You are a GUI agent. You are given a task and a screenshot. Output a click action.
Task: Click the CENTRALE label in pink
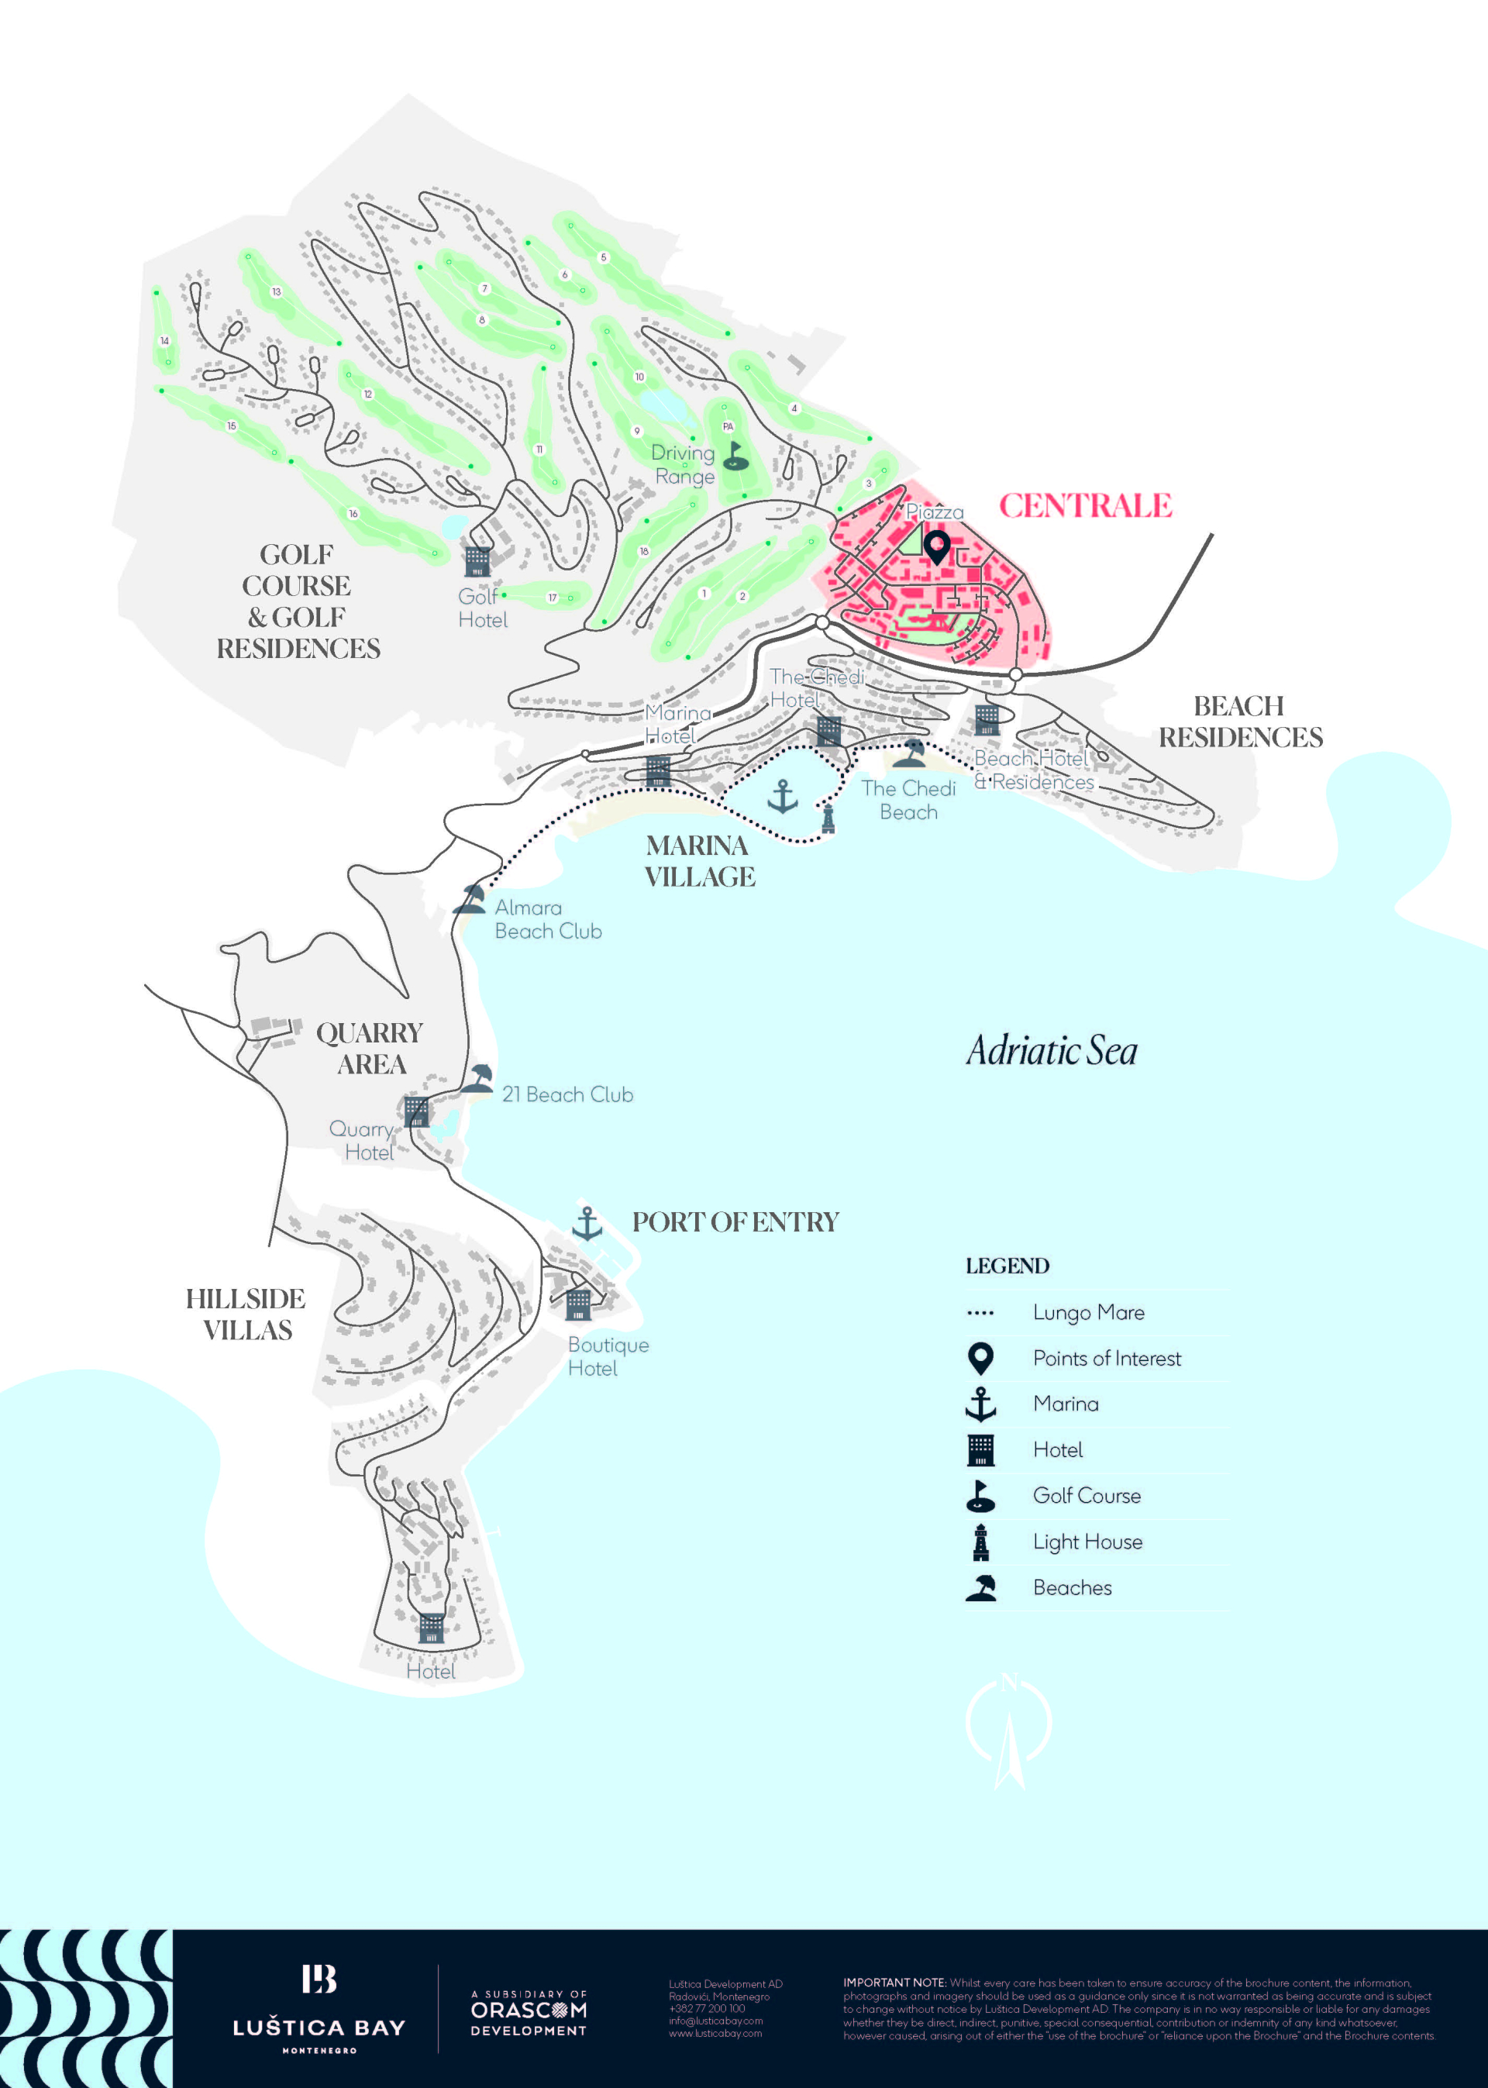pos(1085,506)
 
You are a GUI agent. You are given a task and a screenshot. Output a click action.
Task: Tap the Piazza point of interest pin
pos(935,548)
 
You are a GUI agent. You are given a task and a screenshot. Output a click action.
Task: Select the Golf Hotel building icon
pos(477,560)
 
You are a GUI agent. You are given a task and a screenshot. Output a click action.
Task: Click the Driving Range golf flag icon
pos(735,457)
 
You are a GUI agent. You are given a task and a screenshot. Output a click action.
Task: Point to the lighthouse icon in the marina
pos(828,816)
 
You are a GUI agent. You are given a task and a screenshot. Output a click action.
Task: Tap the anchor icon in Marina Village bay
pos(781,797)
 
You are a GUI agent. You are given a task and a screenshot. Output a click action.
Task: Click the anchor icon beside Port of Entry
pos(587,1223)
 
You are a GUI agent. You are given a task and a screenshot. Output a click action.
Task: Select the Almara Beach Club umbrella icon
pos(470,900)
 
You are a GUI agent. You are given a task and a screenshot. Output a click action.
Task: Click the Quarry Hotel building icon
pos(416,1111)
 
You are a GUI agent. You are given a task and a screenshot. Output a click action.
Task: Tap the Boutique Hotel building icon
pos(578,1304)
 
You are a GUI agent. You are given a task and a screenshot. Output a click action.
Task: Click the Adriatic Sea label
pos(1052,1051)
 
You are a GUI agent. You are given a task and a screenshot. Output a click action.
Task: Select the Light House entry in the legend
pos(1087,1542)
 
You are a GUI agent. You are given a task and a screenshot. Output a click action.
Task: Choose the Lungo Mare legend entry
pos(1087,1312)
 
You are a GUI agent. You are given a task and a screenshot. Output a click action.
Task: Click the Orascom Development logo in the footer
pos(528,2012)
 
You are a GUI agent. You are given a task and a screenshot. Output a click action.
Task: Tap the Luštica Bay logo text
pos(319,2028)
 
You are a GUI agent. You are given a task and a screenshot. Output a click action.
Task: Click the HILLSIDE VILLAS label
pos(246,1314)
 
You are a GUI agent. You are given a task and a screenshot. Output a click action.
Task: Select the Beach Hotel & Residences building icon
pos(987,720)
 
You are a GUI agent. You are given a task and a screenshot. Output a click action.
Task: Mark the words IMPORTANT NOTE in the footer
pos(894,1983)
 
